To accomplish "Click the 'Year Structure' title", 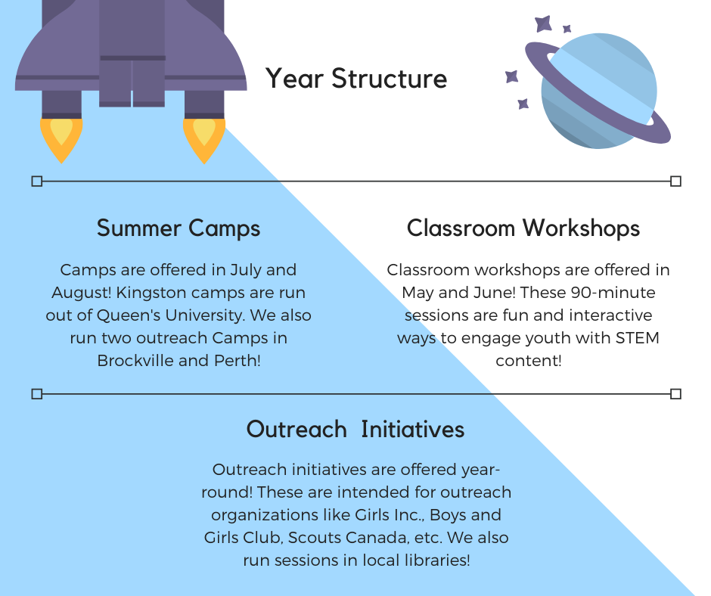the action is point(355,79).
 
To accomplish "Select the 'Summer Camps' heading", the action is point(179,228).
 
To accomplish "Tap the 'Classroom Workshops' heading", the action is point(523,228).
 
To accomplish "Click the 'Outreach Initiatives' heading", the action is point(355,430).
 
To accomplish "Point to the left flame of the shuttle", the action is point(61,138).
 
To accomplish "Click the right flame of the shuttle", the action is point(203,138).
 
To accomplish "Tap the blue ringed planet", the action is point(598,91).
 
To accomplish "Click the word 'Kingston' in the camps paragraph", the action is point(151,293).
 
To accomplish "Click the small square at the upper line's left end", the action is point(36,181).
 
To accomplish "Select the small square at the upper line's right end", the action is point(675,181).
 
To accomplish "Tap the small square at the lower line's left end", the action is point(36,393).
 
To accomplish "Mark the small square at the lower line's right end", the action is point(675,393).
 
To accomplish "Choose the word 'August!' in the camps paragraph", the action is point(81,293).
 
